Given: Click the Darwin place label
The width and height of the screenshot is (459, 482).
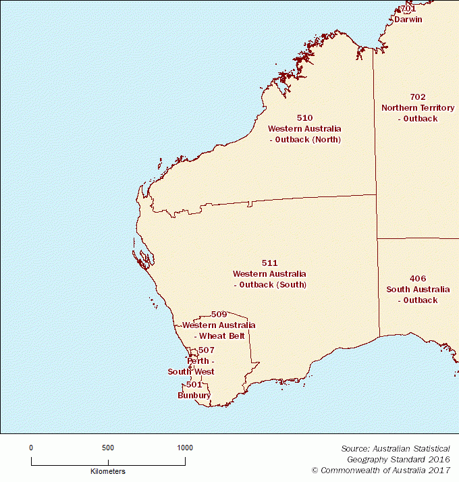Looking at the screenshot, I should point(408,20).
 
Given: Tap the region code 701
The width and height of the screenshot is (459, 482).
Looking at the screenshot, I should point(407,9).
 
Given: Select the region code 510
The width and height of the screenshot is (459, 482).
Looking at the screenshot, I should point(304,118).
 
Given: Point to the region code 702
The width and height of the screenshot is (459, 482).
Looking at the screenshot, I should point(418,97).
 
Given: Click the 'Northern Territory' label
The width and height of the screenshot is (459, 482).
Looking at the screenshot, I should point(418,108).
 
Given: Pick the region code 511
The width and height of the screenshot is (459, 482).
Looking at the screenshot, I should point(269,263).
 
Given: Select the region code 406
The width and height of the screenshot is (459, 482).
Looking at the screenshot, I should point(417,279).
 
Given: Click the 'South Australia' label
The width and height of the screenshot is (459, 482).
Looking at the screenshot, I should point(417,290).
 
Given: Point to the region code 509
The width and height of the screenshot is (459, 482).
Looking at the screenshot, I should point(219,315).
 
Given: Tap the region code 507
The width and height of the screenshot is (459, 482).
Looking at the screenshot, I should point(207,350).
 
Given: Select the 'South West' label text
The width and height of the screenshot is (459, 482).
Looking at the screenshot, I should point(191,372).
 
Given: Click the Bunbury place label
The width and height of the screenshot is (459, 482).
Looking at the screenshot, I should point(194,395).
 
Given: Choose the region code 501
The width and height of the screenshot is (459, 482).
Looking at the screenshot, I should point(194,385).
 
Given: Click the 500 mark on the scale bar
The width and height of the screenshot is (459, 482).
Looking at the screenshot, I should point(108,448).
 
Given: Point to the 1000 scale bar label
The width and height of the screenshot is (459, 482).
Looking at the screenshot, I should point(184,448).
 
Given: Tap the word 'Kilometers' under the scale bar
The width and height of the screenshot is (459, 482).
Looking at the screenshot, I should point(108,471).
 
